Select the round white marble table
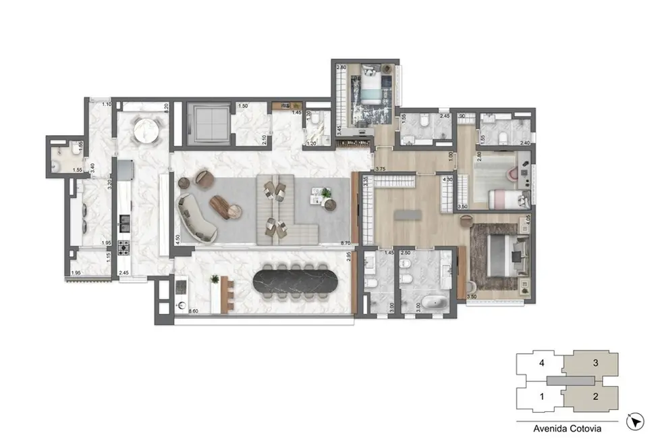tap(146, 130)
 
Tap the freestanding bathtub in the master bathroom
tap(427, 303)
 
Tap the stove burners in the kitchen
tap(124, 247)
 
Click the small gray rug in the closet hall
tap(407, 215)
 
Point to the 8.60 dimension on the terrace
tap(193, 311)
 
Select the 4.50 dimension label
tap(176, 238)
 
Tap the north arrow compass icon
tap(634, 422)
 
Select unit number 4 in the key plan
tap(542, 363)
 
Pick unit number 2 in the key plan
tap(595, 396)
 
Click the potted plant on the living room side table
tap(327, 194)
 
